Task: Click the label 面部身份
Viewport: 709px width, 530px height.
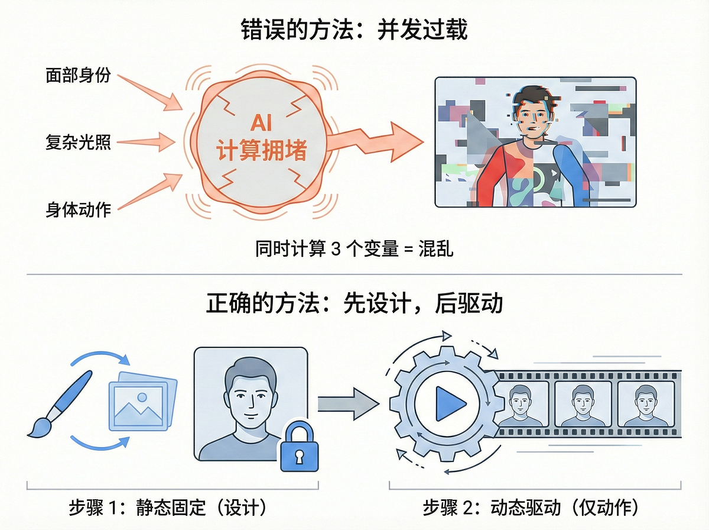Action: pos(78,76)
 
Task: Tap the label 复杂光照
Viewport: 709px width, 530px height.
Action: pos(78,142)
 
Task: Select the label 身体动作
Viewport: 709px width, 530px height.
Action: pos(78,209)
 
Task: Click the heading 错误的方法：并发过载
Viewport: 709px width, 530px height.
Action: pos(354,30)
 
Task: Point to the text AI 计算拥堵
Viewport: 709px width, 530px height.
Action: pos(262,140)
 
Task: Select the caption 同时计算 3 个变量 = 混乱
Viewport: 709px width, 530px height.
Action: pos(354,248)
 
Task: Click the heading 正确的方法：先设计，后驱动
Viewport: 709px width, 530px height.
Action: pos(354,303)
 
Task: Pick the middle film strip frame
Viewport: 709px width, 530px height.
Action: pos(583,403)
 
